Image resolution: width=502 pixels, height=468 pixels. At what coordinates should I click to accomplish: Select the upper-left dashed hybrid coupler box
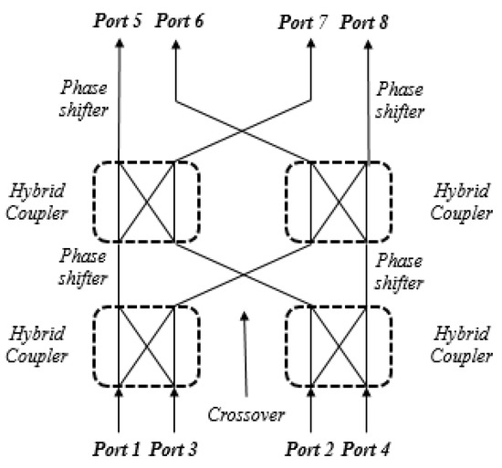pos(146,203)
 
